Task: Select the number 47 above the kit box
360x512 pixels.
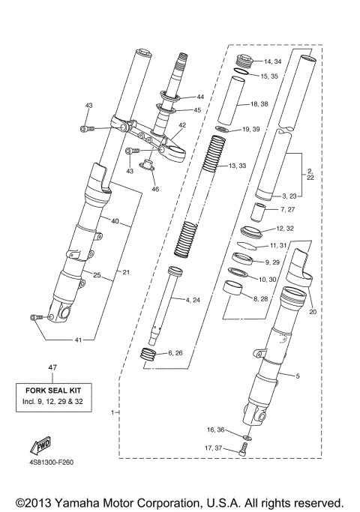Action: [x=52, y=367]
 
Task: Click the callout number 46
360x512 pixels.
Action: [x=155, y=189]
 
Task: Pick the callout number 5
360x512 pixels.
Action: [x=297, y=375]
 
